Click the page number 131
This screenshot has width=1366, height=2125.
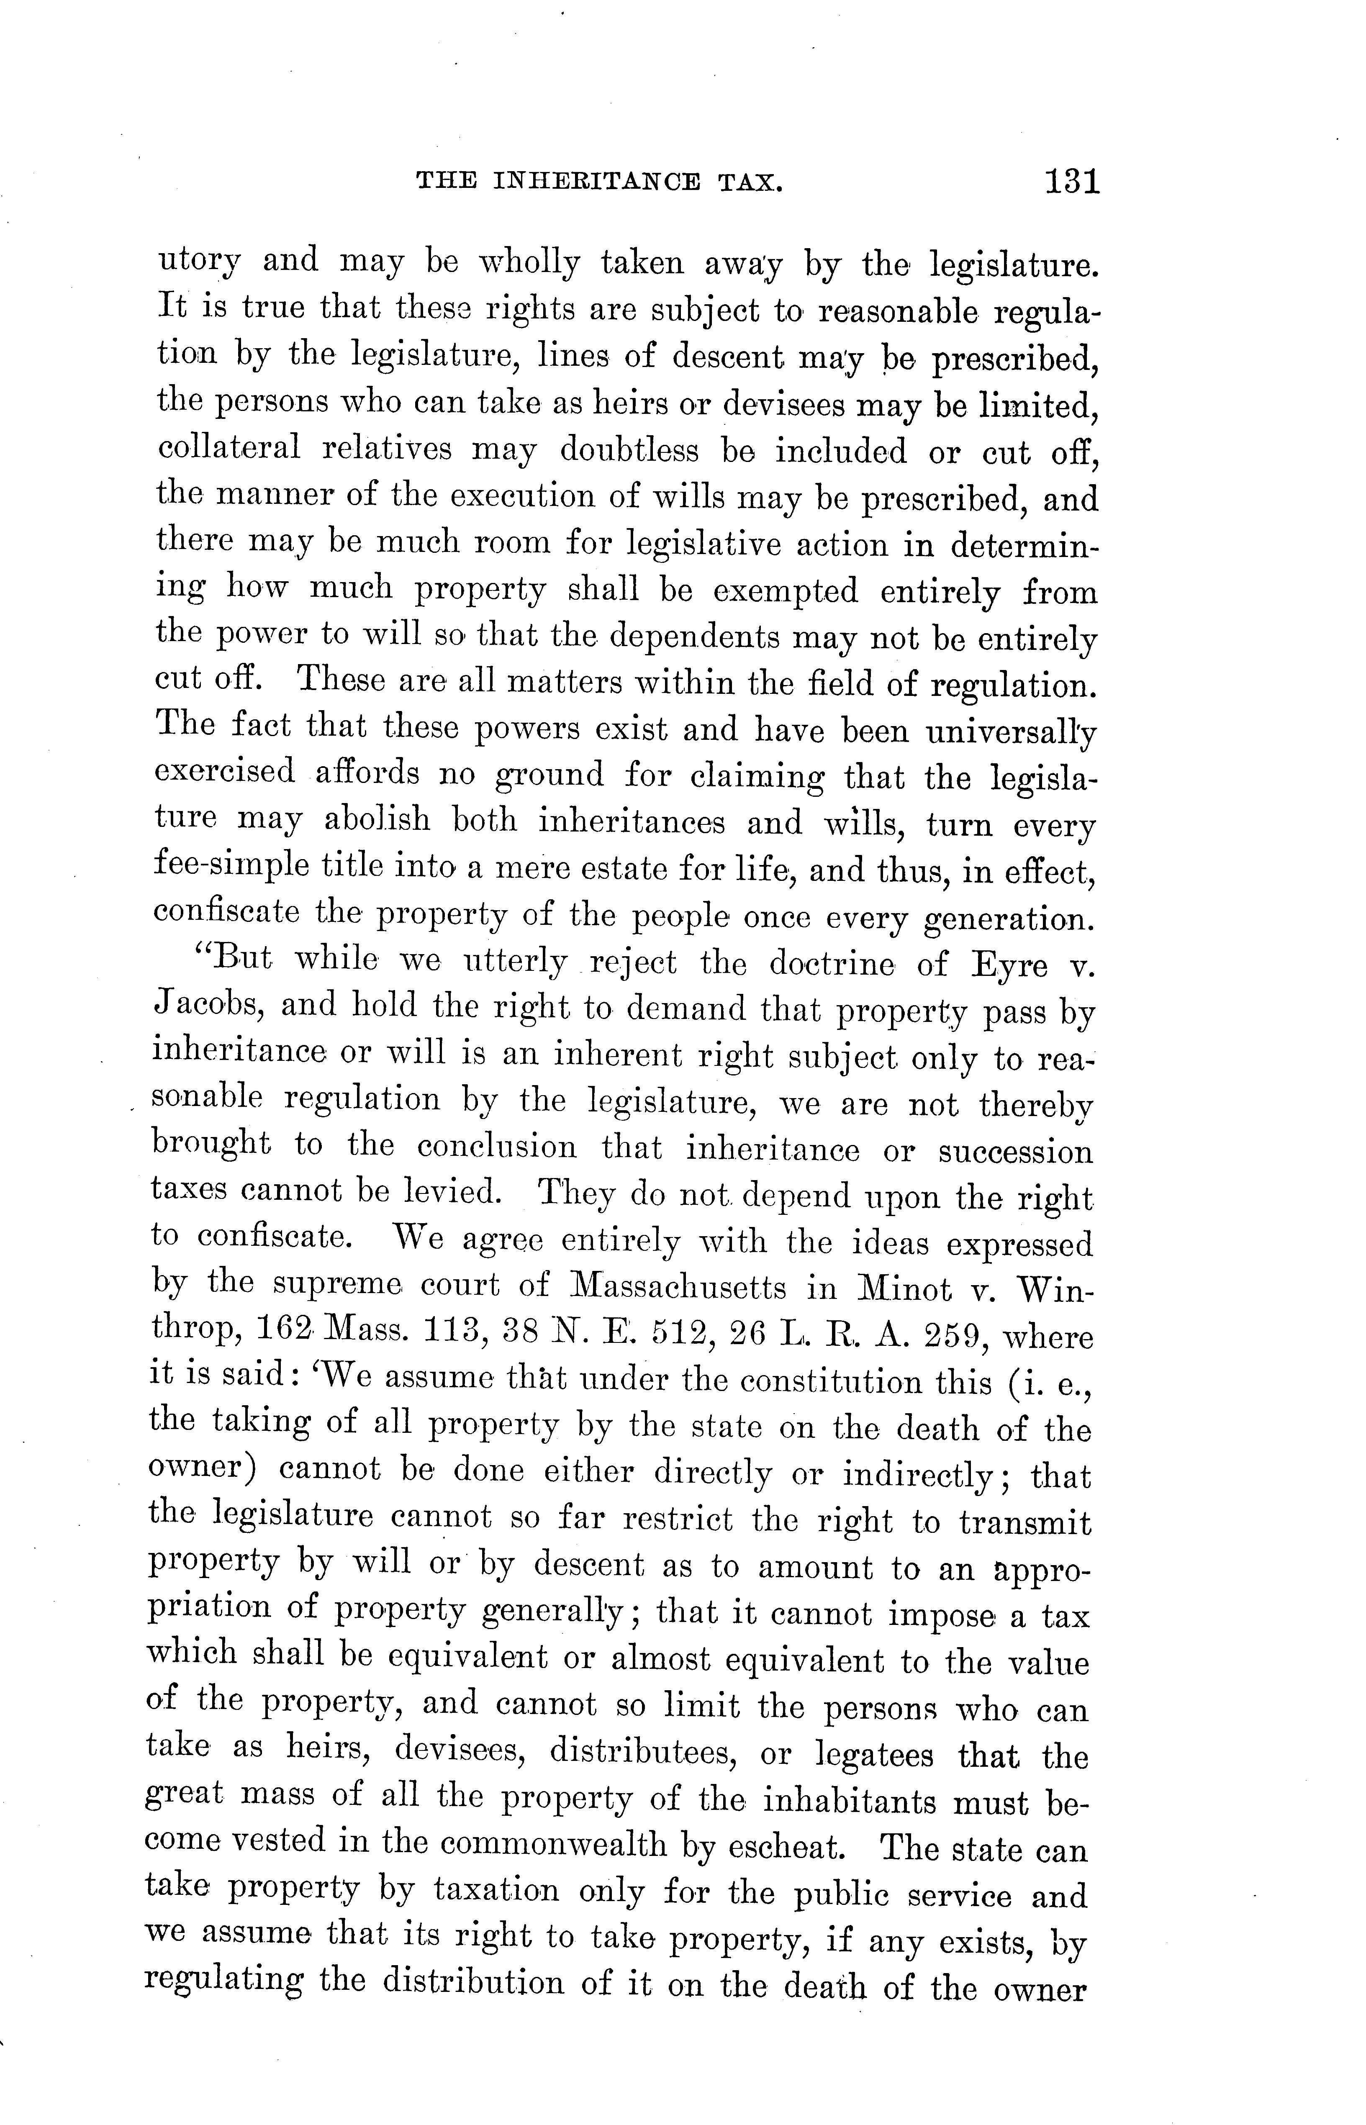click(1072, 182)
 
